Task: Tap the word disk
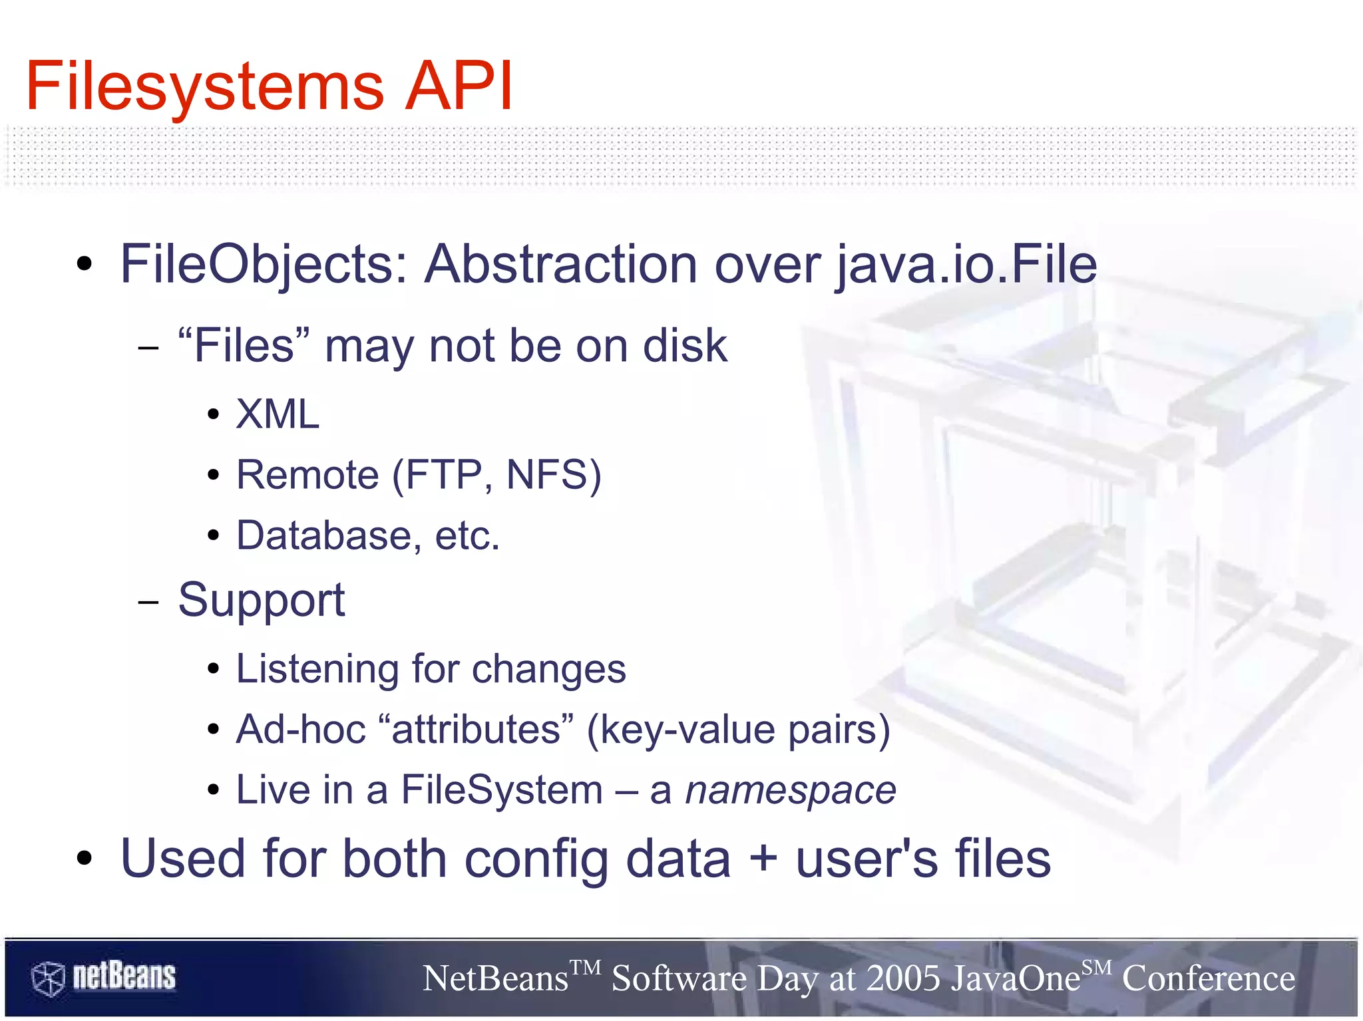point(685,346)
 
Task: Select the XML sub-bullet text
point(278,414)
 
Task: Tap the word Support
point(262,600)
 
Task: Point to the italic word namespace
point(791,790)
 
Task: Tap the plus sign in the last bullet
point(763,859)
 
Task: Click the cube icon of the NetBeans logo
point(48,978)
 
